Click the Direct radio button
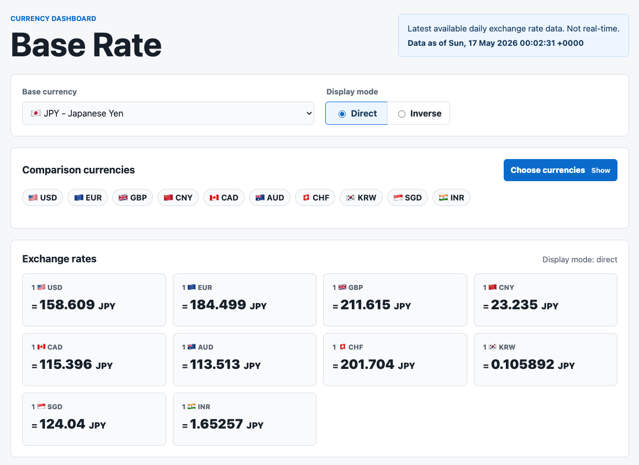click(x=342, y=114)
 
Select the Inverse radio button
click(x=402, y=114)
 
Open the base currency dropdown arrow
click(x=309, y=113)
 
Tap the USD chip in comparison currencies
click(x=43, y=198)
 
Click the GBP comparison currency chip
click(x=133, y=198)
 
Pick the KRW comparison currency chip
click(x=361, y=198)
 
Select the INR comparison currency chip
click(x=451, y=198)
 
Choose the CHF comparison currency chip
click(x=315, y=198)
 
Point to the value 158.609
click(x=67, y=304)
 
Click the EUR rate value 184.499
click(x=218, y=304)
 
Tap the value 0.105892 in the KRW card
click(x=522, y=364)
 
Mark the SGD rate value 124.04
click(x=62, y=424)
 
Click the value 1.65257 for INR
click(x=216, y=424)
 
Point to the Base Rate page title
click(x=86, y=44)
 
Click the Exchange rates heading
click(x=60, y=259)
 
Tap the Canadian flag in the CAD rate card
click(x=41, y=347)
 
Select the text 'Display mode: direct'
click(x=579, y=260)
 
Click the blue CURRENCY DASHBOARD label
click(x=54, y=19)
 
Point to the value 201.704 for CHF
click(x=367, y=364)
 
